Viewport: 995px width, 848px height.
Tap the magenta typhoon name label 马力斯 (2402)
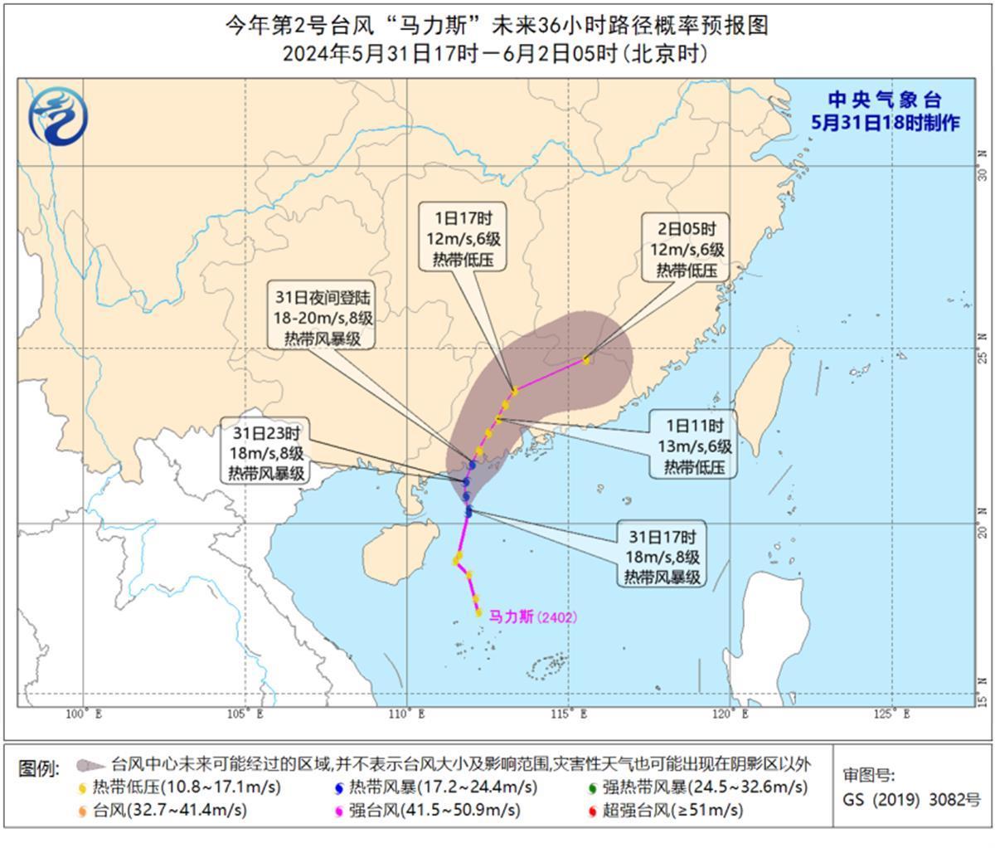click(531, 617)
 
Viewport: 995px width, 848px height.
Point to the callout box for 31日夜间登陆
click(321, 316)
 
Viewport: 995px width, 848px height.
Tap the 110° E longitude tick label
click(406, 714)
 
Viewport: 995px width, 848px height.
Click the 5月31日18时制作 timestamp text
click(885, 123)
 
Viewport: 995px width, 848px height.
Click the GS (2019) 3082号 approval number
click(911, 800)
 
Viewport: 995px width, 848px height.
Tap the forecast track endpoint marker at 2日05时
click(586, 359)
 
